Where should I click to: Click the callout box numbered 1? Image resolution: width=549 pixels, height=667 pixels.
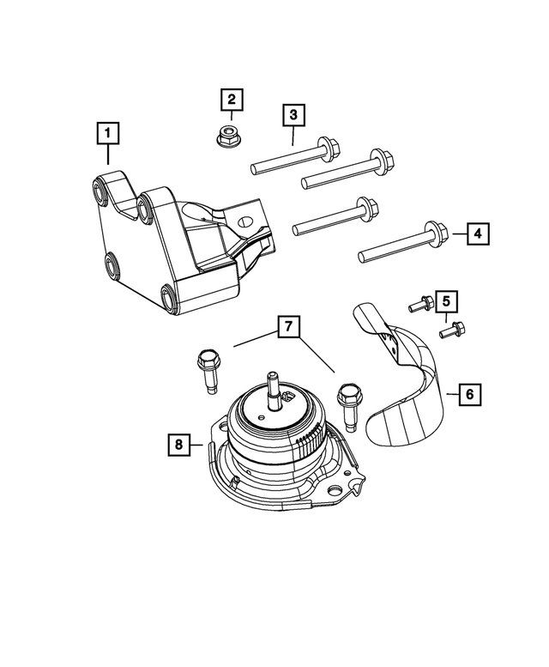108,133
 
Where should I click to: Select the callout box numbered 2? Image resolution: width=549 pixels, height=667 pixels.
231,100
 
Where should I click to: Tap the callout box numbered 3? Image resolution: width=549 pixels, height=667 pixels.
293,114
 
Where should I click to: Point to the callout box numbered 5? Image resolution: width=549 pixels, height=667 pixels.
445,301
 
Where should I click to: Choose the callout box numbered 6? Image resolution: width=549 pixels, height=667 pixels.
469,395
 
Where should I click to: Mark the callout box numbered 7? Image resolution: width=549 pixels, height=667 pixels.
289,327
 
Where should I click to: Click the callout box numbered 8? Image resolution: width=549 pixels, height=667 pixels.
178,444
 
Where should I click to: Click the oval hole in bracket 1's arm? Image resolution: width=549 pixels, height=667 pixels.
244,221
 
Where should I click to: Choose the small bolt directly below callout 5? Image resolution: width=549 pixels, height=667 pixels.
455,329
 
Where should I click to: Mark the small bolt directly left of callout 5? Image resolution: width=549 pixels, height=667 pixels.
420,303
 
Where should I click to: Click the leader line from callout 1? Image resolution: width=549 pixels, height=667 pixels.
108,155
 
